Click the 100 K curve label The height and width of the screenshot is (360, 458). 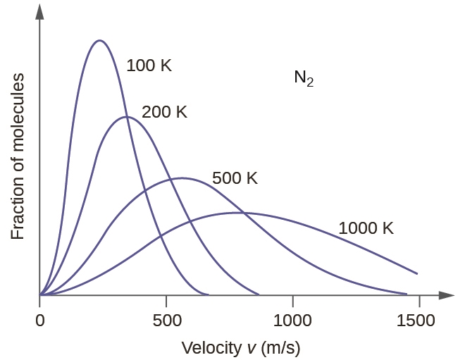149,66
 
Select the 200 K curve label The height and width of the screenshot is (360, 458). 164,112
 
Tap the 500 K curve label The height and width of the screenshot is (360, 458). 235,178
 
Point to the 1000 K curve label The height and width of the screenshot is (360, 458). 366,228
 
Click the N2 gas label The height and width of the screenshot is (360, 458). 304,78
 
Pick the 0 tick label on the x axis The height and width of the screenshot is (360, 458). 40,320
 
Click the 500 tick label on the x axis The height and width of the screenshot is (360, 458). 166,320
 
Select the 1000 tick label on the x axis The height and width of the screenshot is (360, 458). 292,320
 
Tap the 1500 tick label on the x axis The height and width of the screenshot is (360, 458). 419,320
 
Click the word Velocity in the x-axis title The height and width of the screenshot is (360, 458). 209,347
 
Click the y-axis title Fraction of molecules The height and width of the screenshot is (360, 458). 18,155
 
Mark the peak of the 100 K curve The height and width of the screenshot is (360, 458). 99,40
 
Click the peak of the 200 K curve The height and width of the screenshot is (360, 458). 126,116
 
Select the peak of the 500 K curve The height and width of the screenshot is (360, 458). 182,178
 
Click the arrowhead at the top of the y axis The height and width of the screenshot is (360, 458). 40,10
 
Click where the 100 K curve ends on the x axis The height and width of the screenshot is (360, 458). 209,294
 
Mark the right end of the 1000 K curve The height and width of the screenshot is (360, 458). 418,273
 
